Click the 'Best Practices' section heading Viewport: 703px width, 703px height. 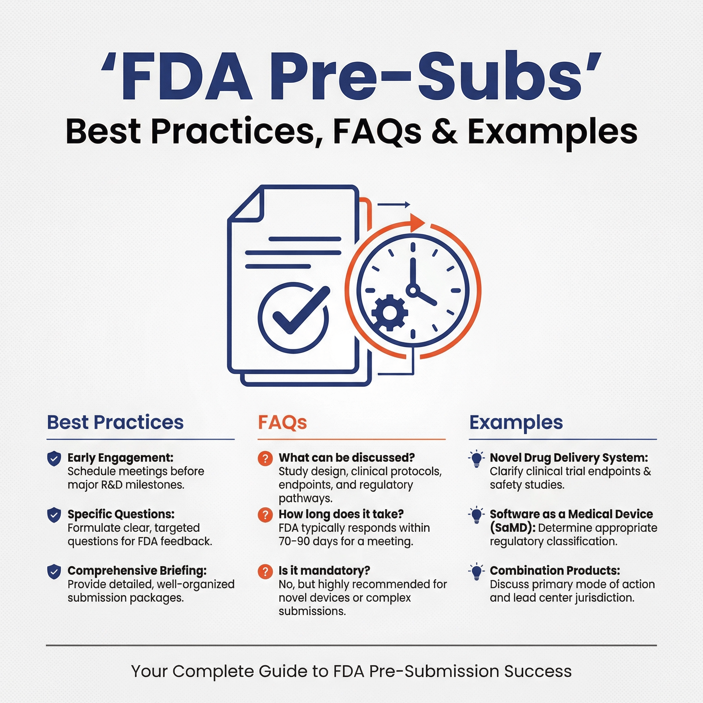(x=115, y=422)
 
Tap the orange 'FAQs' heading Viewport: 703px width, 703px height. (x=283, y=423)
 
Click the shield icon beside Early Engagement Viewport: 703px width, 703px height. (x=54, y=459)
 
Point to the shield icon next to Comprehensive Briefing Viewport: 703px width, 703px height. (x=54, y=572)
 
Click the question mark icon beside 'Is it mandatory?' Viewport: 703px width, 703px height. (x=265, y=572)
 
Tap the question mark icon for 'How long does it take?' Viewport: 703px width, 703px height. (x=265, y=515)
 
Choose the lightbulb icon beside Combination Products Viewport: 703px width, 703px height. (x=476, y=572)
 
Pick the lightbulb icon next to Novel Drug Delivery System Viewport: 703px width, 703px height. (x=476, y=459)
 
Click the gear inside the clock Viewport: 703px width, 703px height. (x=390, y=312)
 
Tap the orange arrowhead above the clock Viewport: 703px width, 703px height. (x=417, y=222)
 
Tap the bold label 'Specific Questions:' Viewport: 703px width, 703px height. (x=121, y=514)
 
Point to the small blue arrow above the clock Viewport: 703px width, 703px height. (x=394, y=205)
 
